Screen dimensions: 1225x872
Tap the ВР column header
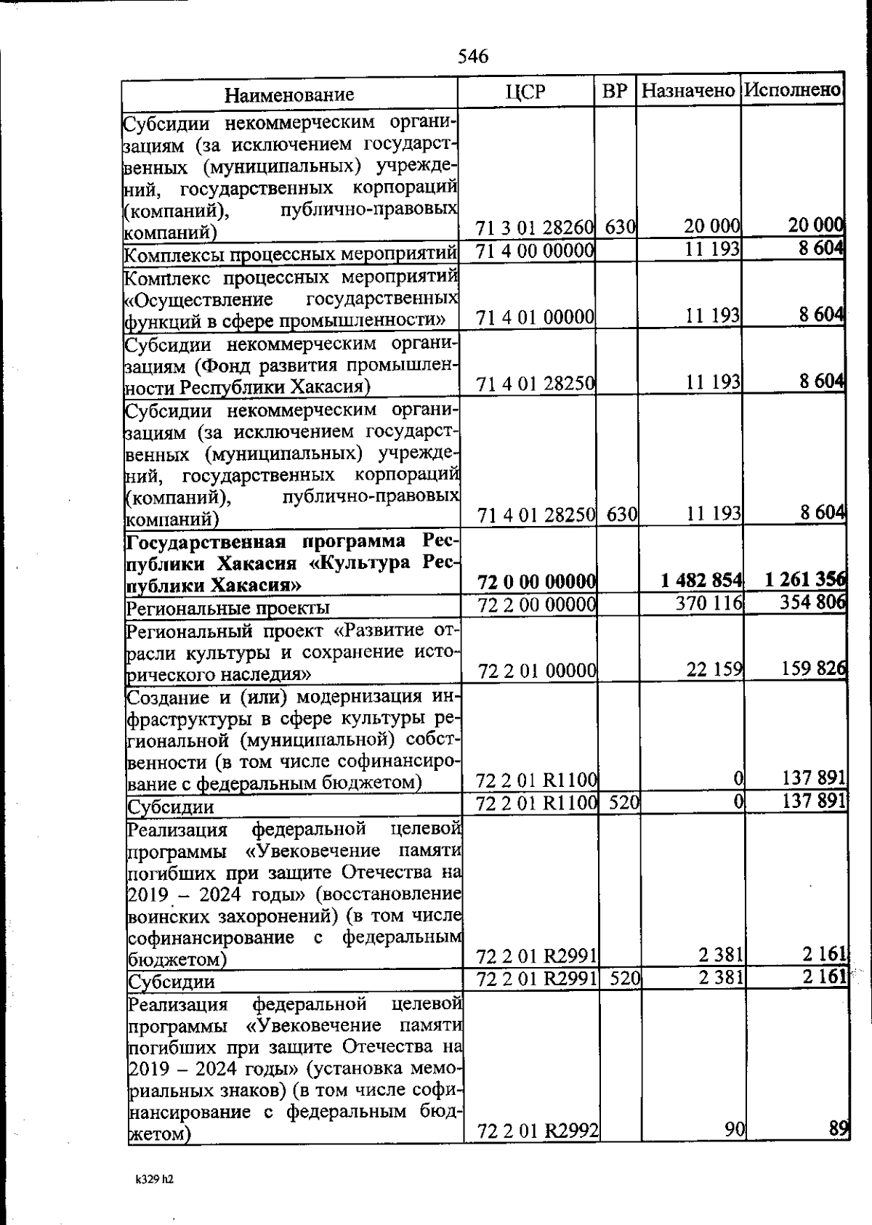tap(615, 91)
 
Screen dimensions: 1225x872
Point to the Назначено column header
tap(688, 91)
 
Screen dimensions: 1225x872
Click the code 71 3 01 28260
tap(535, 227)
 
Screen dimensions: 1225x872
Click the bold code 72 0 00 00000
tap(537, 581)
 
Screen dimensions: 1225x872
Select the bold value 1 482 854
tap(701, 580)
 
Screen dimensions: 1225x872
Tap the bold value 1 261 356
tap(805, 579)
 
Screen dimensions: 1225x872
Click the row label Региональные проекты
tap(228, 607)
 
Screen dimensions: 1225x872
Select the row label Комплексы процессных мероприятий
tap(290, 255)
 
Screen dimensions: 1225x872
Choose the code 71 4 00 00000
tap(536, 250)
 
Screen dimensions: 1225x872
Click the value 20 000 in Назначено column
tap(711, 226)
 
